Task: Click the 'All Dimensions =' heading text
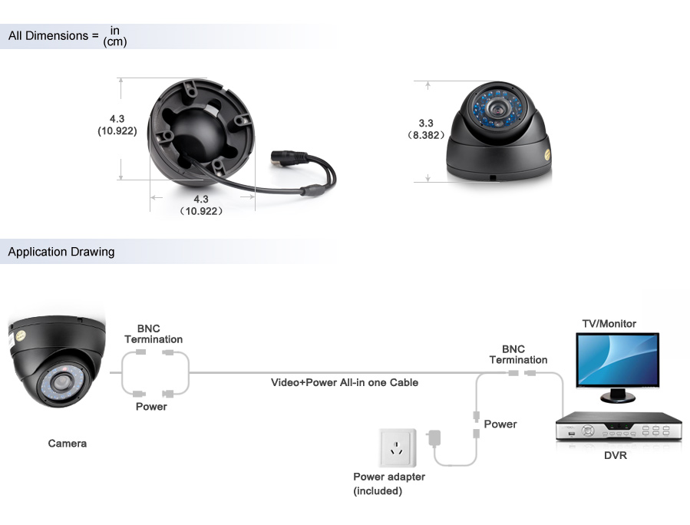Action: (54, 36)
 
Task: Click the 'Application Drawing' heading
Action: (61, 252)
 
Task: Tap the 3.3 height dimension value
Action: (426, 123)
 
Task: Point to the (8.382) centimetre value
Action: (426, 134)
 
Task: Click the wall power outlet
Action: (398, 449)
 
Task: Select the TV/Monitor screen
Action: (617, 360)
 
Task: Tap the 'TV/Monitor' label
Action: (609, 324)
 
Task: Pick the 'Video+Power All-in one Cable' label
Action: (345, 382)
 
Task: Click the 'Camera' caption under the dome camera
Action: (68, 444)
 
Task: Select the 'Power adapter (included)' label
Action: (388, 484)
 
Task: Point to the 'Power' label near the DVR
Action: (500, 424)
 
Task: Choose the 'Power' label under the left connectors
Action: (151, 406)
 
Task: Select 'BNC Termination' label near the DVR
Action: (518, 354)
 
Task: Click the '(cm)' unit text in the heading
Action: (115, 42)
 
